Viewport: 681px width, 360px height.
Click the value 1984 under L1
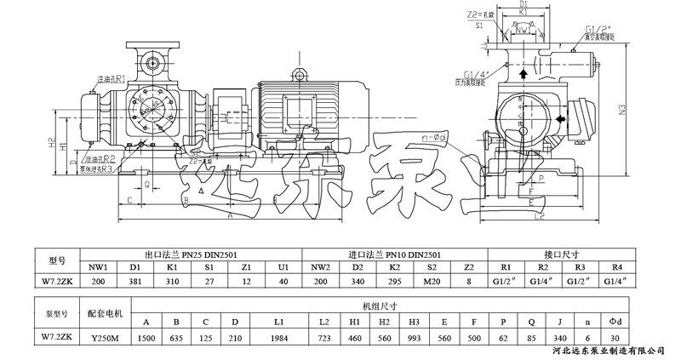click(x=278, y=337)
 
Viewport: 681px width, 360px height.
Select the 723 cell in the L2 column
click(x=324, y=337)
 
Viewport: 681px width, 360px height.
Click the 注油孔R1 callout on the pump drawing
click(x=111, y=78)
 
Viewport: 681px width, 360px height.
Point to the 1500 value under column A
click(x=146, y=337)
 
